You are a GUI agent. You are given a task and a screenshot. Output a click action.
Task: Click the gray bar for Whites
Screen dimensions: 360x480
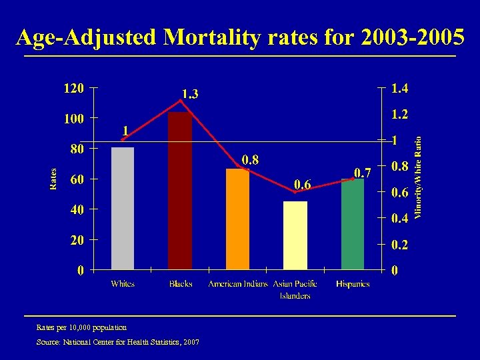[123, 208]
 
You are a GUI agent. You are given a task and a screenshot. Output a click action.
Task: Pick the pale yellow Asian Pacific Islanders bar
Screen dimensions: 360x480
[295, 235]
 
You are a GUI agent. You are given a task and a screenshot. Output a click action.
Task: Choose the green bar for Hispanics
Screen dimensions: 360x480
[353, 223]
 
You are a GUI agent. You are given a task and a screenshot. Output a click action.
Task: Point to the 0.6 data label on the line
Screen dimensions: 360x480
[303, 184]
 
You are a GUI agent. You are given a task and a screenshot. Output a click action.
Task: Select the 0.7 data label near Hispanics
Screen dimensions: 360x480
[362, 173]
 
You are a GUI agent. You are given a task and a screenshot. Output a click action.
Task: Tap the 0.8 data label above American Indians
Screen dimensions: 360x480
[250, 159]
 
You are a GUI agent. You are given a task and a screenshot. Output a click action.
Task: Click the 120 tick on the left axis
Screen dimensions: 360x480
[73, 88]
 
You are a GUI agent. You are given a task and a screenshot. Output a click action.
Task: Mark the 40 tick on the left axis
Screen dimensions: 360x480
[77, 210]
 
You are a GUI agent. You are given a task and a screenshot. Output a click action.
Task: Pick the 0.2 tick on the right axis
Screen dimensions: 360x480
[400, 245]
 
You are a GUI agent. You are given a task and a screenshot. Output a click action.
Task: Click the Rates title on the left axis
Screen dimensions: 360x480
[53, 179]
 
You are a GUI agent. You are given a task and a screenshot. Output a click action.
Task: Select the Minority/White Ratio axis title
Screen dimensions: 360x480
[418, 177]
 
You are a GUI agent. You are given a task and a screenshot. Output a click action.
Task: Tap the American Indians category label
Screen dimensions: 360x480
[237, 284]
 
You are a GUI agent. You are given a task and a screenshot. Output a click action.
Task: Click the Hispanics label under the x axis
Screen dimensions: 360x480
[353, 284]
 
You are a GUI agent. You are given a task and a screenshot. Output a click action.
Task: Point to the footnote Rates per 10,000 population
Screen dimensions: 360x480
[81, 327]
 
